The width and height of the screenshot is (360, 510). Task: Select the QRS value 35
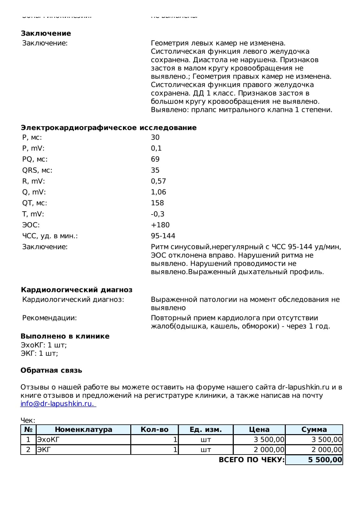[155, 170]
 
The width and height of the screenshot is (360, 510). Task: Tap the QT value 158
[157, 203]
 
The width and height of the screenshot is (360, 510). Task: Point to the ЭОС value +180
[160, 225]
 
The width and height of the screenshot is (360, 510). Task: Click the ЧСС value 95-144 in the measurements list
[163, 236]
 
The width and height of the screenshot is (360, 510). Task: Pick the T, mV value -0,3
[158, 214]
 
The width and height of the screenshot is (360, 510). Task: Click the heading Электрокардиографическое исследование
[109, 128]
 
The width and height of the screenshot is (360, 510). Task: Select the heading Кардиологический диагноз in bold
[76, 290]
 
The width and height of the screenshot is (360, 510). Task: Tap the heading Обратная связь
[51, 370]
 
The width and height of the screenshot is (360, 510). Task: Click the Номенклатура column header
[83, 429]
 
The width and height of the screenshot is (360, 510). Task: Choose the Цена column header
[259, 429]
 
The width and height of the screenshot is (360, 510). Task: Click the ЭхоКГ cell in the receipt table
[48, 440]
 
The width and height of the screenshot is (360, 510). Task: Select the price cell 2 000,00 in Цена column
[269, 450]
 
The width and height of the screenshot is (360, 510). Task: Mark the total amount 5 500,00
[325, 460]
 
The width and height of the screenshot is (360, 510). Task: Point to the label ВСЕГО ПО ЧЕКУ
[252, 460]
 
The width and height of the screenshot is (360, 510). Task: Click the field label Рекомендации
[49, 318]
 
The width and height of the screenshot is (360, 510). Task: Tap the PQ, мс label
[35, 159]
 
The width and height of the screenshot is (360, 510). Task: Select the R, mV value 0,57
[158, 181]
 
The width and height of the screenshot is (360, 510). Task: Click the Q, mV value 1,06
[158, 192]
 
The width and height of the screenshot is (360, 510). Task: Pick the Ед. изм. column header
[205, 429]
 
